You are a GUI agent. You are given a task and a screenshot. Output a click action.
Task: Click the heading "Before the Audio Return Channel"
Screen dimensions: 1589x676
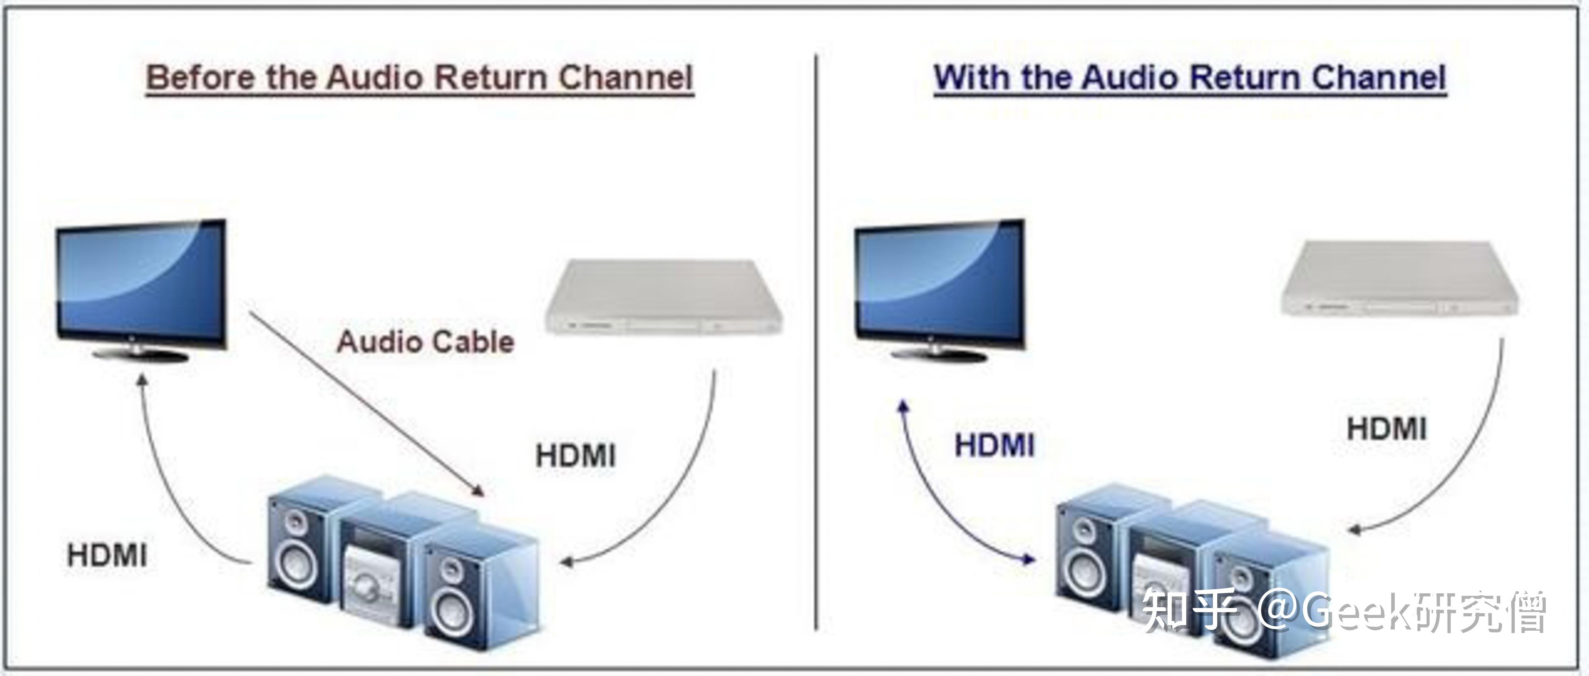point(419,78)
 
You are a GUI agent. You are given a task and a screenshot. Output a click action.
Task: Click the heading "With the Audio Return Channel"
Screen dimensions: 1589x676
point(1190,78)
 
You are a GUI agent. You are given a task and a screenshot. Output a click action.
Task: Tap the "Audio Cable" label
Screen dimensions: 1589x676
point(425,342)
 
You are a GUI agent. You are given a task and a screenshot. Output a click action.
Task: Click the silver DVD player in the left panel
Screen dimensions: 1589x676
point(664,297)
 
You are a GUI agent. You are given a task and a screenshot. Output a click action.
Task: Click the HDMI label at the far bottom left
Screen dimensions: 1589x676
point(107,556)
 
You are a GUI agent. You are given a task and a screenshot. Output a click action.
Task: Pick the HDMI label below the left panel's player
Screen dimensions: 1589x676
point(576,456)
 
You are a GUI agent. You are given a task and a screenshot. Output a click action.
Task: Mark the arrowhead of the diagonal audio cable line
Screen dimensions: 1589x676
point(478,490)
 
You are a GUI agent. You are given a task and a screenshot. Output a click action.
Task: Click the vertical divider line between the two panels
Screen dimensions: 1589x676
point(816,343)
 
